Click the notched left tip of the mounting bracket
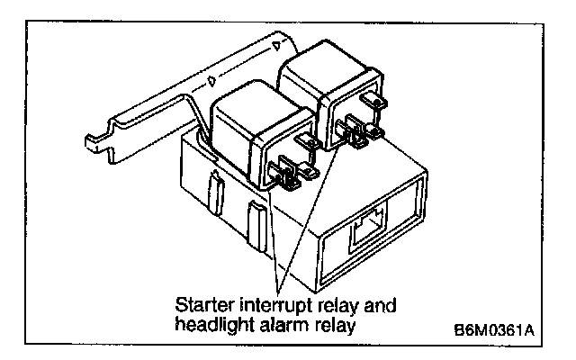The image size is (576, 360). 93,140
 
